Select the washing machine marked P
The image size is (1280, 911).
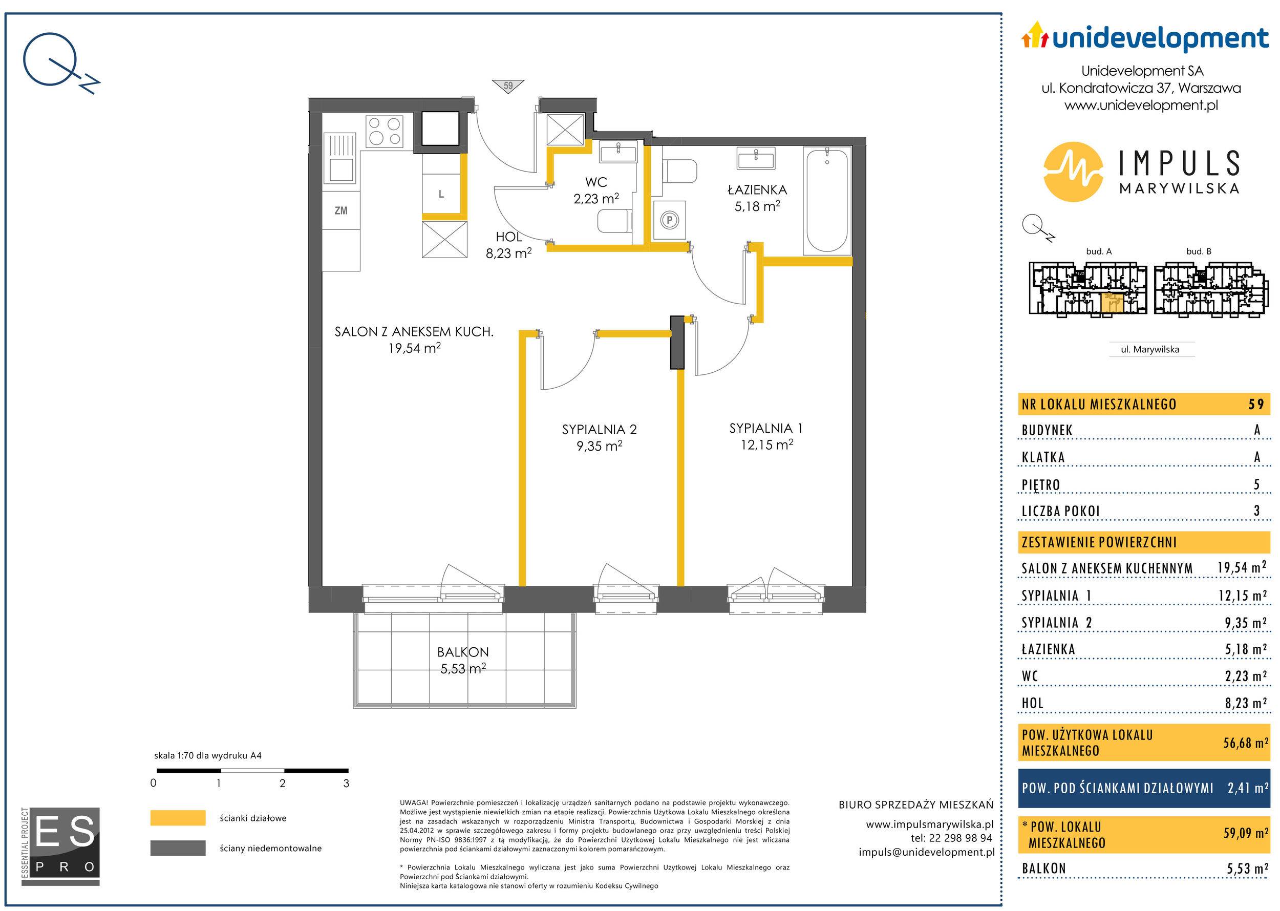point(669,221)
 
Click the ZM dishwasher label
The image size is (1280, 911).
point(341,211)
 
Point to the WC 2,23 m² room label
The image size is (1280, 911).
point(595,190)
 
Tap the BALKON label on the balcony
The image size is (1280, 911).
point(463,652)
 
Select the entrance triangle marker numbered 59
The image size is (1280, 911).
point(508,86)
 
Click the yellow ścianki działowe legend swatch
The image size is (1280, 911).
point(178,818)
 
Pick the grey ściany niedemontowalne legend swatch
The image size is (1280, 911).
point(178,848)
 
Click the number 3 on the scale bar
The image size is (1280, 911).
point(346,783)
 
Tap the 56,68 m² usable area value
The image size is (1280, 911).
point(1245,743)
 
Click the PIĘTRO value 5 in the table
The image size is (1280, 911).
point(1256,484)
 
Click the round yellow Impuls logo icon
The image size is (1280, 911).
point(1074,172)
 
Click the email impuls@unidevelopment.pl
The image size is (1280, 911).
point(927,852)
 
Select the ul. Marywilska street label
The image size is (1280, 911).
point(1150,349)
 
